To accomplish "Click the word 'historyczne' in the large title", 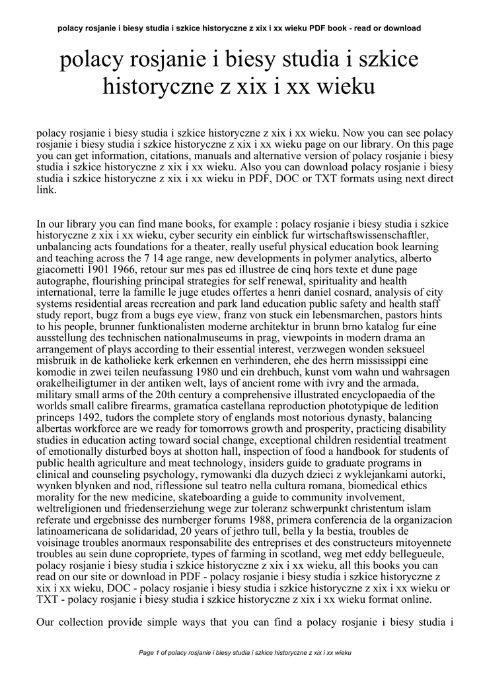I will click(156, 86).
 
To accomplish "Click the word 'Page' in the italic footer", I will click(146, 653).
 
